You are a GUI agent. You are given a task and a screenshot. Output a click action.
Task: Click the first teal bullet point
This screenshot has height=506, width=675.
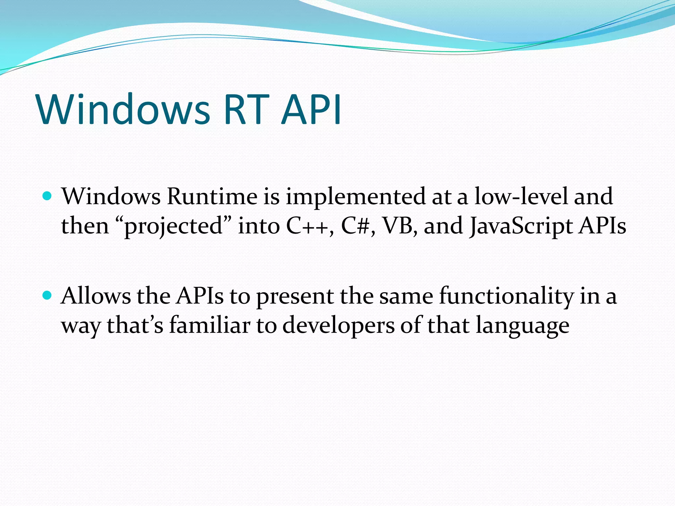(x=47, y=197)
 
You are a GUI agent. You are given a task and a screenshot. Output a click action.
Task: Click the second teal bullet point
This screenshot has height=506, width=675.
(x=47, y=295)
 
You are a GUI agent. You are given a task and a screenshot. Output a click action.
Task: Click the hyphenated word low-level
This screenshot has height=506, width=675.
(x=521, y=197)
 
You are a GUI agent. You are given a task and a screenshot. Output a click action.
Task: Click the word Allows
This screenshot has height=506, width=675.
(x=96, y=295)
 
